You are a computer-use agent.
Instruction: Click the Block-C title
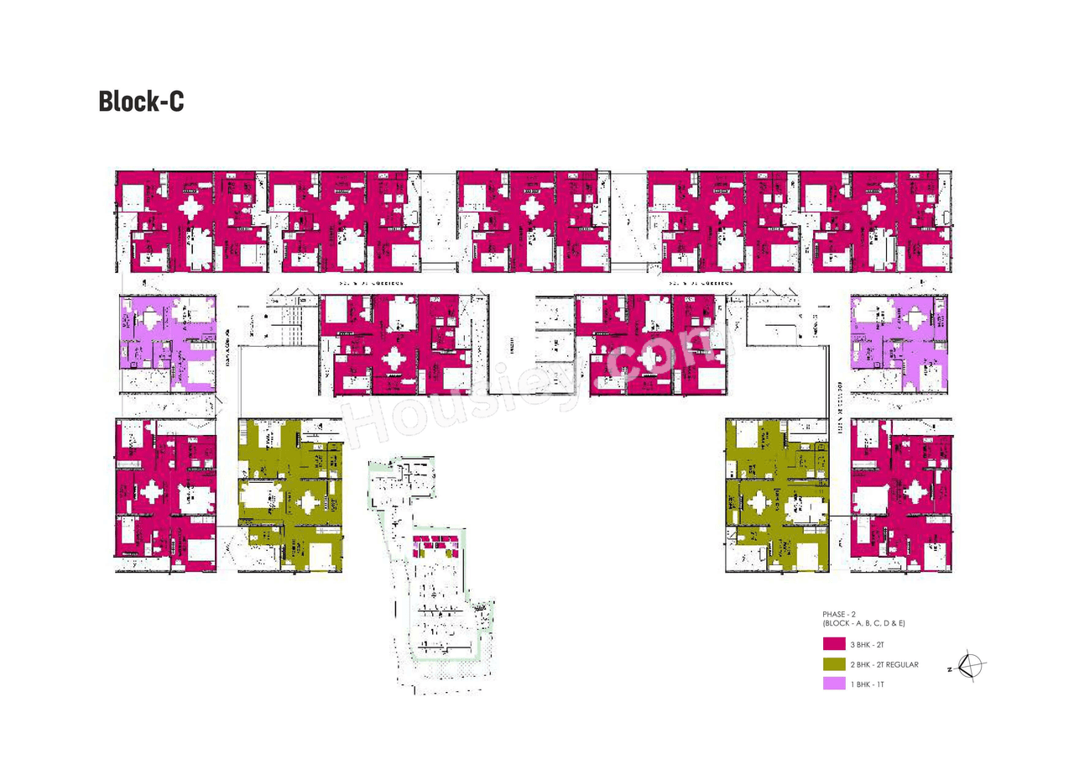click(x=140, y=102)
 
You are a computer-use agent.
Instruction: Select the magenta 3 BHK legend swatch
click(x=833, y=644)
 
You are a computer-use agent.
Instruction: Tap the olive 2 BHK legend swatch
click(x=833, y=664)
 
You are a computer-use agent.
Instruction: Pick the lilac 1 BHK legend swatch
click(x=833, y=684)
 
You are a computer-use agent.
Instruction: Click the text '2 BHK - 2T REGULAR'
click(x=884, y=664)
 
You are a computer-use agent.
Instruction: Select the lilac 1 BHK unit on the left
click(x=168, y=343)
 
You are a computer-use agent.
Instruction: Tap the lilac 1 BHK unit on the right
click(x=899, y=343)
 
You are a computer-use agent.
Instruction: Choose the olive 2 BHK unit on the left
click(x=290, y=495)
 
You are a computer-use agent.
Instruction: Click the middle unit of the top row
click(x=533, y=221)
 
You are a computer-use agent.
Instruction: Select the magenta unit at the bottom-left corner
click(x=166, y=495)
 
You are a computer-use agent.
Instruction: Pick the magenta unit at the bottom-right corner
click(x=901, y=495)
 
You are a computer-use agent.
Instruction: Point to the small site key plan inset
click(x=428, y=575)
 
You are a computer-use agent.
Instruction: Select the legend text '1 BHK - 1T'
click(x=868, y=684)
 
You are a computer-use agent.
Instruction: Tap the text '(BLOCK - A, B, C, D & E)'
click(x=864, y=624)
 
